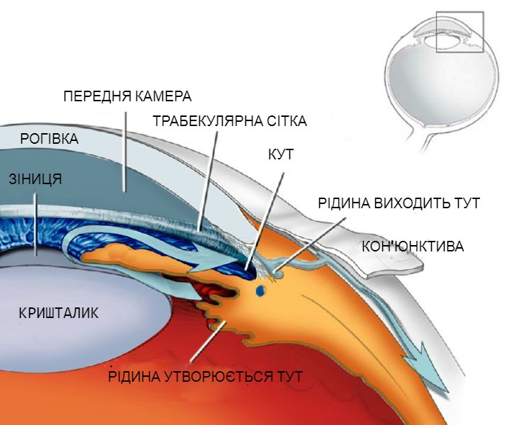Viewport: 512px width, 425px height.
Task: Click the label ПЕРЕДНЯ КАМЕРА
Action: (128, 96)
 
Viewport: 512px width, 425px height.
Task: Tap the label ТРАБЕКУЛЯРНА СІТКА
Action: (230, 121)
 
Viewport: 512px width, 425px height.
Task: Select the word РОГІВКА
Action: (50, 139)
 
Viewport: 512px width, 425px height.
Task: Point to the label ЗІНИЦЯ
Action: (35, 179)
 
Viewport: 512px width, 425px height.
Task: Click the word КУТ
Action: (281, 154)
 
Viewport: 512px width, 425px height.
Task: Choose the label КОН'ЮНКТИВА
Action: (413, 246)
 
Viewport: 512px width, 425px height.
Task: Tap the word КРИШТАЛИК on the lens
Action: (59, 313)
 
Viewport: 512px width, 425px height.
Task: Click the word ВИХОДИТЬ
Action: (411, 203)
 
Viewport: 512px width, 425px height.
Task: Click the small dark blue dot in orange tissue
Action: (260, 290)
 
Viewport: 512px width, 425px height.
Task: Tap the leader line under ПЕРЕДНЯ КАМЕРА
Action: (124, 152)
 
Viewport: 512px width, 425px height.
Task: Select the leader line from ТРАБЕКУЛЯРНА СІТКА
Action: (207, 181)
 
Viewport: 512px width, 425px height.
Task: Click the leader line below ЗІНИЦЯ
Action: (36, 225)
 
